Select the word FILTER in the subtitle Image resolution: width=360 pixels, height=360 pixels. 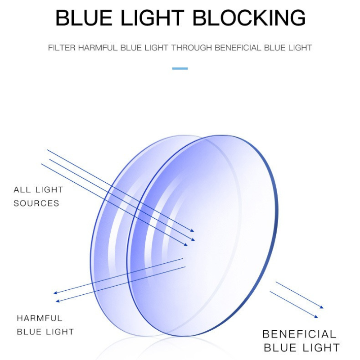coord(62,48)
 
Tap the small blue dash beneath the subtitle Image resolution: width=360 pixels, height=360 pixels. coord(180,68)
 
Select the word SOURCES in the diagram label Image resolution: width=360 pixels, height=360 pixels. coord(36,203)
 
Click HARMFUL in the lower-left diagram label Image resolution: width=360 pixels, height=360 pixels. coord(40,318)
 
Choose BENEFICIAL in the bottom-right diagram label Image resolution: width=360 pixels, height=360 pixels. coord(299,334)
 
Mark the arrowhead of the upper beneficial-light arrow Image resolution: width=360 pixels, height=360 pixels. coord(322,307)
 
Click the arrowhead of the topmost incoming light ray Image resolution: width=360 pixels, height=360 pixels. coord(193,229)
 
